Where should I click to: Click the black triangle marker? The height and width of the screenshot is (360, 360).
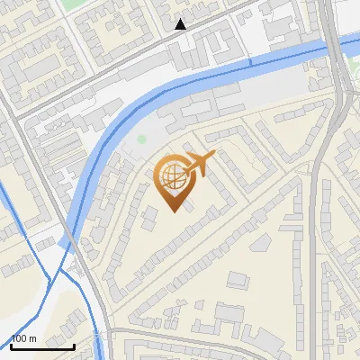click(x=181, y=24)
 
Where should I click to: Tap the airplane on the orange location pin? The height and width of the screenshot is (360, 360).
click(x=199, y=163)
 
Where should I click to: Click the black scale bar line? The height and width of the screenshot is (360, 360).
click(x=42, y=346)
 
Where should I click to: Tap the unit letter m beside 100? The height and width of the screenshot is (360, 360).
click(x=34, y=338)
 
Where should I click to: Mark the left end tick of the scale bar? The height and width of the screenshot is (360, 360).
click(x=12, y=346)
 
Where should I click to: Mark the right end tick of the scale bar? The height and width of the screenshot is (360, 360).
click(x=74, y=346)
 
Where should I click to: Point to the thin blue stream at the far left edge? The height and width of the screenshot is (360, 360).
click(x=4, y=193)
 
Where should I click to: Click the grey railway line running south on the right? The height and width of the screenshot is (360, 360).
click(x=315, y=252)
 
